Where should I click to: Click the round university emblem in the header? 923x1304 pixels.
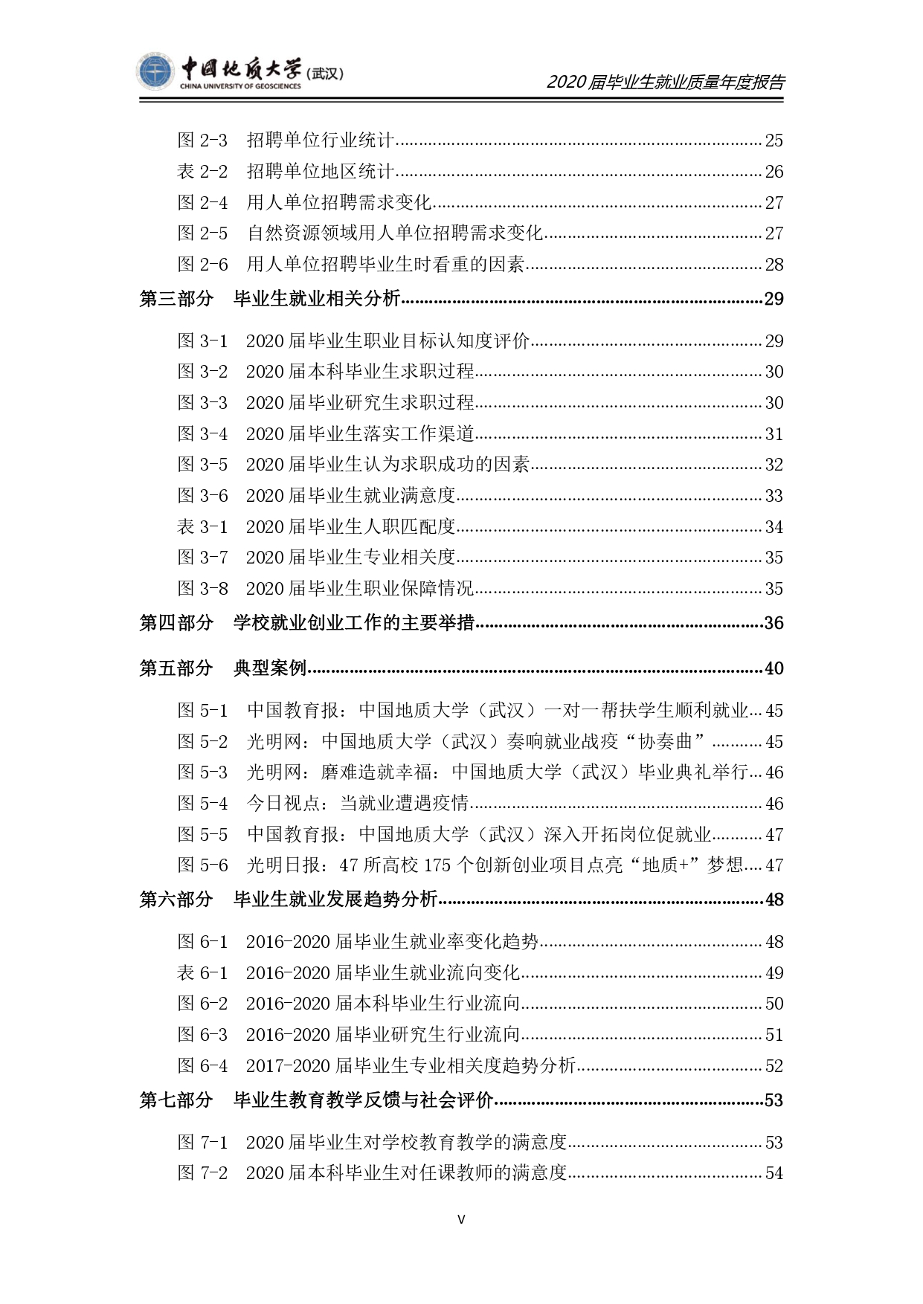[x=155, y=72]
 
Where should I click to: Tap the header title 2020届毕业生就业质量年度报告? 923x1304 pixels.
[x=666, y=82]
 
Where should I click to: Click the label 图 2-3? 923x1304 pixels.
[x=202, y=141]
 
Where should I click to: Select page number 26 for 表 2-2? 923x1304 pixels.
[x=774, y=172]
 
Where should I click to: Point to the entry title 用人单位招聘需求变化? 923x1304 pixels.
[x=339, y=202]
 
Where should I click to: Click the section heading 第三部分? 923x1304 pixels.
[x=176, y=299]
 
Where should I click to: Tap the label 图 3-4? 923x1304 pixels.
[x=202, y=433]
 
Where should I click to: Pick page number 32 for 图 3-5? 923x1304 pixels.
[x=774, y=465]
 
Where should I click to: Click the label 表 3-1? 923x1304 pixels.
[x=202, y=526]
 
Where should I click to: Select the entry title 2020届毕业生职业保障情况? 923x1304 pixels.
[x=360, y=588]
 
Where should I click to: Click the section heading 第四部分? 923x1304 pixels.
[x=176, y=623]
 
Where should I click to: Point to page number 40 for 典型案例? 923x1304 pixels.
[x=774, y=668]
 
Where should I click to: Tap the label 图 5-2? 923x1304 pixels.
[x=202, y=741]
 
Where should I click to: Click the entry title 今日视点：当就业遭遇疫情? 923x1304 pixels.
[x=358, y=803]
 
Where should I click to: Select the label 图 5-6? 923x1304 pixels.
[x=202, y=865]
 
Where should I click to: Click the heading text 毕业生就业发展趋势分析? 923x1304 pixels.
[x=335, y=900]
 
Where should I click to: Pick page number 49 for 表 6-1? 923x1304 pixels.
[x=774, y=972]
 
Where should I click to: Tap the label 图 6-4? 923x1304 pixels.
[x=202, y=1065]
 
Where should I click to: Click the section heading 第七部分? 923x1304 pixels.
[x=176, y=1100]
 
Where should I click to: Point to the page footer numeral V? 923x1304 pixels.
[x=461, y=1219]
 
